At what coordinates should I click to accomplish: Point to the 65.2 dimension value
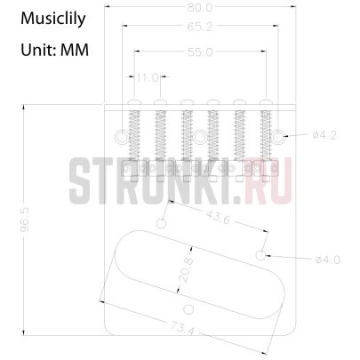[201, 27]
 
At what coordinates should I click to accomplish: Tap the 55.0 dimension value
[201, 52]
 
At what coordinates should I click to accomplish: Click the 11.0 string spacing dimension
[149, 78]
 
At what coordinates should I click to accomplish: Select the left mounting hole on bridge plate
[119, 136]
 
